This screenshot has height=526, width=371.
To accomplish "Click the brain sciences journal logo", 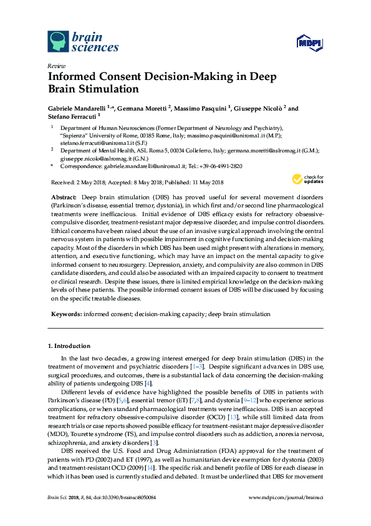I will [x=83, y=41].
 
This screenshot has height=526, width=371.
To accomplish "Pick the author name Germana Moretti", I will [x=141, y=108].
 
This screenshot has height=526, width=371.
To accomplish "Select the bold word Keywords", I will [x=65, y=314].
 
